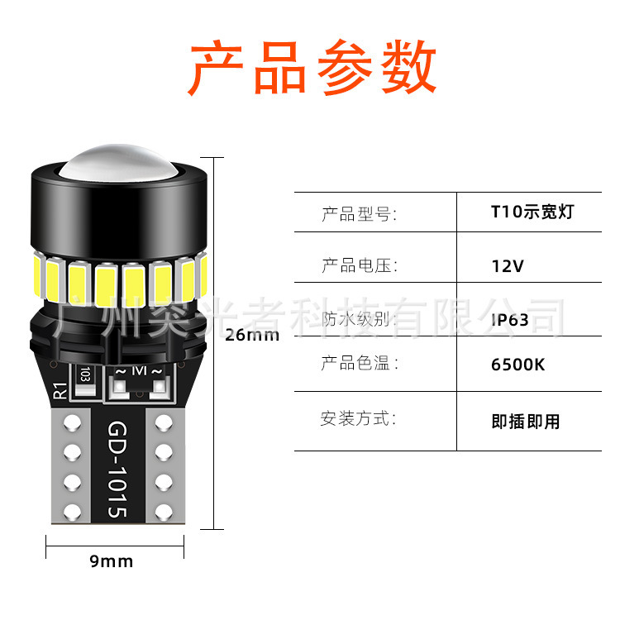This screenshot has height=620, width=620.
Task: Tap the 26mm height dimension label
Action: click(252, 336)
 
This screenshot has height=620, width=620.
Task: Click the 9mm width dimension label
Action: click(111, 561)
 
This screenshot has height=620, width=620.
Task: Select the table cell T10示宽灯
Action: click(531, 212)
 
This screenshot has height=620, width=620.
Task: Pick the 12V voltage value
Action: click(507, 266)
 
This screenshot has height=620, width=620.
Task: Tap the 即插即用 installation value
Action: click(525, 422)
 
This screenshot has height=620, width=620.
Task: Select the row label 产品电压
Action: click(359, 266)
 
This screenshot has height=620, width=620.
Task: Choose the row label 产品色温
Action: click(359, 364)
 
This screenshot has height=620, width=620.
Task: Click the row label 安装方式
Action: click(359, 418)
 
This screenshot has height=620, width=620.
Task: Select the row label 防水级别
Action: click(359, 319)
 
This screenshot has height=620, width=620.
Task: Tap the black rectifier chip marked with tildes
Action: click(141, 377)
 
